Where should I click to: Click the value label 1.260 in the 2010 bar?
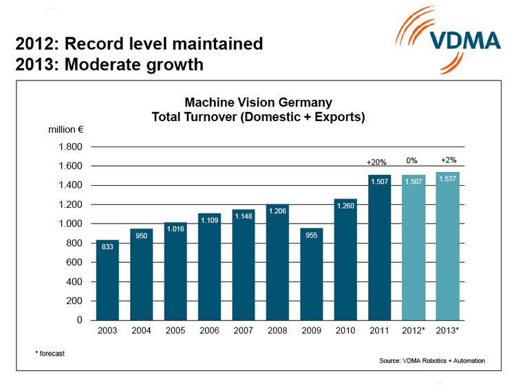345,205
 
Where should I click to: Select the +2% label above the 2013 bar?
447,160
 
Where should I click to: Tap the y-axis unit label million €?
65,129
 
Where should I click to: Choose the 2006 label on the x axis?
209,331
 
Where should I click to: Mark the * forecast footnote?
50,353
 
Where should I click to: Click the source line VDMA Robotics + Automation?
431,361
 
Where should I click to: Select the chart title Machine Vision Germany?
258,103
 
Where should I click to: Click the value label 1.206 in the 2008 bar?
277,211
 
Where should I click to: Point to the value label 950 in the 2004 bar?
141,235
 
